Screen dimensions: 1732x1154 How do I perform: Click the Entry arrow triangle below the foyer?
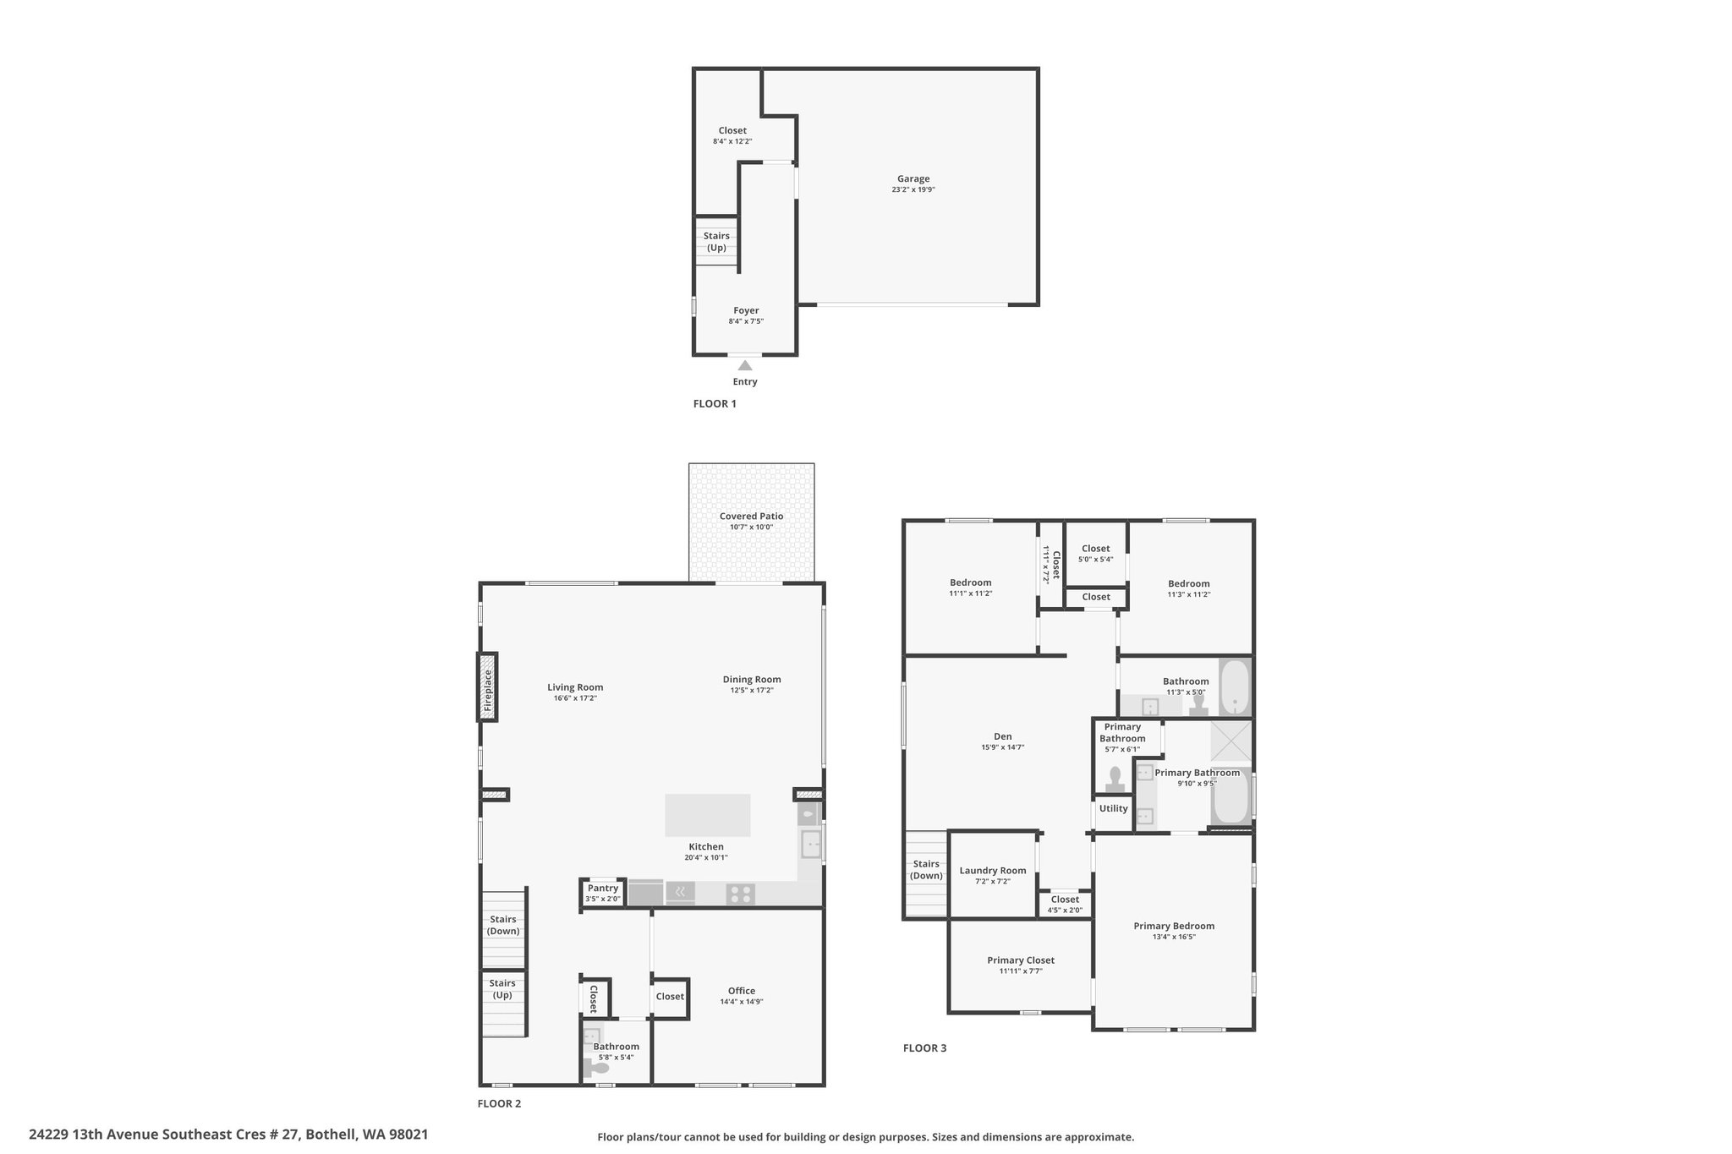pyautogui.click(x=745, y=365)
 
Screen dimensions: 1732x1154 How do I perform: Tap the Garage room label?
pyautogui.click(x=913, y=178)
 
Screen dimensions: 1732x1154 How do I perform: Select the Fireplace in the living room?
pyautogui.click(x=487, y=686)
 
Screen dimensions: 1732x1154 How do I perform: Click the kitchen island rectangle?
pyautogui.click(x=707, y=815)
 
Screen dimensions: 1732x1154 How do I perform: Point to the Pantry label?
pyautogui.click(x=603, y=888)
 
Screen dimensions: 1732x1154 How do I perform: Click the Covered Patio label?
pyautogui.click(x=751, y=516)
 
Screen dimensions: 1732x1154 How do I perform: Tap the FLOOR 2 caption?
pyautogui.click(x=499, y=1103)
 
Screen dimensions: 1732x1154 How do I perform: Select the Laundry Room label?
pyautogui.click(x=993, y=871)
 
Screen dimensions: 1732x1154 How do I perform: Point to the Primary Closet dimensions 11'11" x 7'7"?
pyautogui.click(x=1021, y=971)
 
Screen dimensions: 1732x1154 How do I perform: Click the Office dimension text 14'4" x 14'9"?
pyautogui.click(x=742, y=1002)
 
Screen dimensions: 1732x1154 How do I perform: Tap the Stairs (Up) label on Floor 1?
pyautogui.click(x=716, y=242)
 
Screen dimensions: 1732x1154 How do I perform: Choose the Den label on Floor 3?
pyautogui.click(x=1003, y=736)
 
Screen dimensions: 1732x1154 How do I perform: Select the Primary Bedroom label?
pyautogui.click(x=1174, y=926)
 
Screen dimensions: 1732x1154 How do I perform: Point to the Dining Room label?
pyautogui.click(x=752, y=679)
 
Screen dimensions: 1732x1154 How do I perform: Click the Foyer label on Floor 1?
pyautogui.click(x=746, y=310)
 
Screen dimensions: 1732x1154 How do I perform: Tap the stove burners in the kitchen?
pyautogui.click(x=741, y=894)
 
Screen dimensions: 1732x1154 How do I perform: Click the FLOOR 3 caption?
pyautogui.click(x=925, y=1048)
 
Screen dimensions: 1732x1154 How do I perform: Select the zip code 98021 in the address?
pyautogui.click(x=408, y=1135)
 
